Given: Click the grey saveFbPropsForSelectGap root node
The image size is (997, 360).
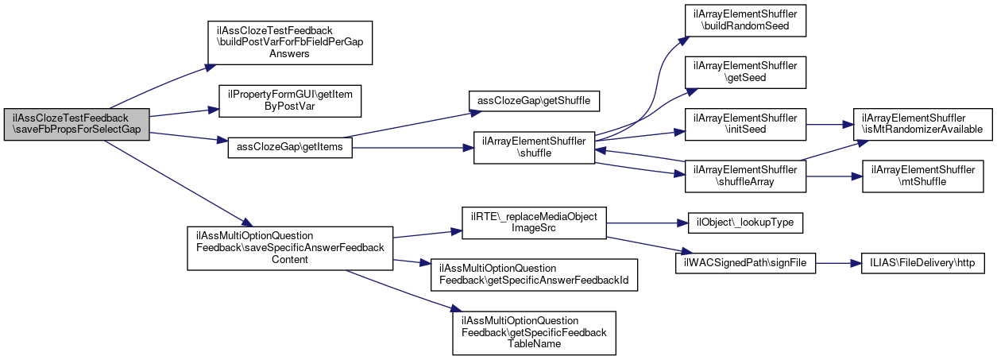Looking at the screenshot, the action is pos(76,124).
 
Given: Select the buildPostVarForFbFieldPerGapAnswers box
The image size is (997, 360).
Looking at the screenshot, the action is pos(290,43).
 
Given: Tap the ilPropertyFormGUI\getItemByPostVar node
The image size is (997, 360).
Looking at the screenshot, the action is pos(290,101).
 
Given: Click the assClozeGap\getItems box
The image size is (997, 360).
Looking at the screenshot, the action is pos(290,147).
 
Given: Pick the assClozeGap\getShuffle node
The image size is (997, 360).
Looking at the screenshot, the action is pos(534,101).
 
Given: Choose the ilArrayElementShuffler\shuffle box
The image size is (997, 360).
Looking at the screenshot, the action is pos(534,147).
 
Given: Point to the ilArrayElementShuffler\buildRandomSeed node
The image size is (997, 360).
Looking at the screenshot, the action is pos(745,21).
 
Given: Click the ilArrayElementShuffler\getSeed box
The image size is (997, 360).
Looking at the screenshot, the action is pos(745,72).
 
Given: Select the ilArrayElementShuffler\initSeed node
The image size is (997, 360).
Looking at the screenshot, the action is pos(745,124).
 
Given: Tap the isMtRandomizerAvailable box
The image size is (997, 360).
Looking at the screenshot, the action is pos(922,124).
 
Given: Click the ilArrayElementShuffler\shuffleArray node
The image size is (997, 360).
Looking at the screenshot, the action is pos(745,176).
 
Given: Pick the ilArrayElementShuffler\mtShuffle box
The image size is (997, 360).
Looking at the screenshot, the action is pos(922,176).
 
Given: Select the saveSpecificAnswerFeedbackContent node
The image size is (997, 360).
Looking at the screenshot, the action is pos(290,248).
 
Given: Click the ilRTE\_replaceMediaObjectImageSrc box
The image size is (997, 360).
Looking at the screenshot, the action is pos(534,223).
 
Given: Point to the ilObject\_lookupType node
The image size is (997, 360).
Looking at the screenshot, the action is pos(745,223).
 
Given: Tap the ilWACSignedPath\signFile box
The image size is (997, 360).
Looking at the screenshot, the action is pos(745,263).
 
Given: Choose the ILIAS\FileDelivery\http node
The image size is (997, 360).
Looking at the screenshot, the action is pos(922,263).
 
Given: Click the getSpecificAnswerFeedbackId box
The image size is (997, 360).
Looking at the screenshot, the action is pos(534,275).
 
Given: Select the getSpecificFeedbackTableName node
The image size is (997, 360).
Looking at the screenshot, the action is pos(534,333).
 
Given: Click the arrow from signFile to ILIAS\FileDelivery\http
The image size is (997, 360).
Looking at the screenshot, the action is pos(839,263).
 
